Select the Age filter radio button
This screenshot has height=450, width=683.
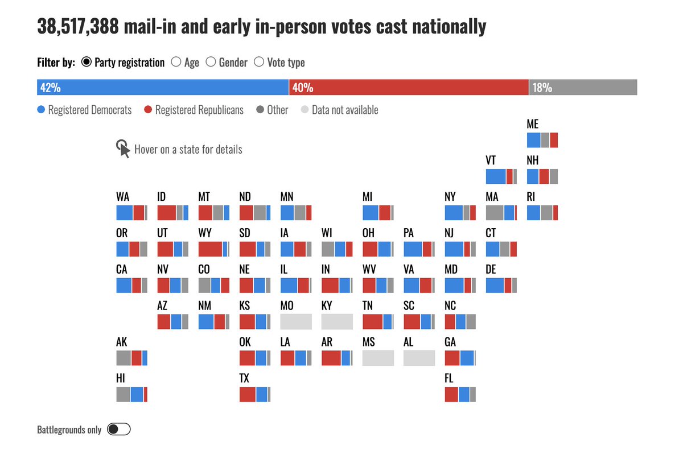point(176,62)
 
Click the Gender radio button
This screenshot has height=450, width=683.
point(211,62)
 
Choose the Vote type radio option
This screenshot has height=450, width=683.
point(258,62)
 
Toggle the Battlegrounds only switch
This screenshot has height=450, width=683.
point(119,430)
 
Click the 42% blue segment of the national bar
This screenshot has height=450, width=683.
point(163,88)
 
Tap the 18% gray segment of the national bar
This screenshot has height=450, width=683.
point(583,88)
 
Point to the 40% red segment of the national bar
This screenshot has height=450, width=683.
point(409,88)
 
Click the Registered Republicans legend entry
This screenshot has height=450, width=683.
point(194,110)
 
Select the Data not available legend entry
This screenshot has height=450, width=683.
point(339,110)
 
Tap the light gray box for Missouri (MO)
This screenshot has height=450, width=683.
point(296,321)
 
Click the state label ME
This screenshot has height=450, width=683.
point(533,125)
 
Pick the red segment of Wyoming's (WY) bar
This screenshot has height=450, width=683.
point(210,249)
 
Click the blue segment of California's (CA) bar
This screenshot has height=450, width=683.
point(124,286)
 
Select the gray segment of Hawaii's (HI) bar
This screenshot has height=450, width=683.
point(123,394)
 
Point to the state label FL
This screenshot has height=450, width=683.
point(450,378)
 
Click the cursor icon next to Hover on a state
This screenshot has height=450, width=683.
point(123,148)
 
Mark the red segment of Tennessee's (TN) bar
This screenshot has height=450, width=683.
point(372,321)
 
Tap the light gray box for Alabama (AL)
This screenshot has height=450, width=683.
point(419,358)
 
